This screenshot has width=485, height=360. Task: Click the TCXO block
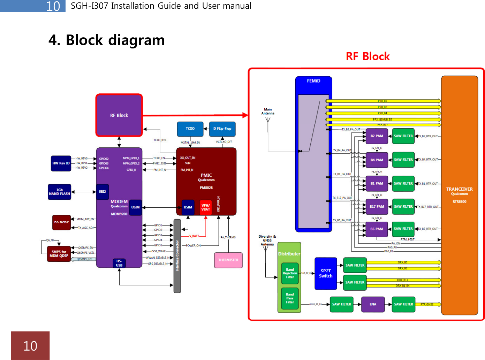coord(190,129)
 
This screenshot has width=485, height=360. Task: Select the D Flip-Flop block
coord(222,129)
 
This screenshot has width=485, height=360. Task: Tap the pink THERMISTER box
coord(228,260)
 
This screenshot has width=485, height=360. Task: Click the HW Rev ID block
coord(61,163)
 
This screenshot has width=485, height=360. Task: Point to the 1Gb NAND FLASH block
coord(60,192)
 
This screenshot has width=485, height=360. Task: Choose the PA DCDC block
coord(61,222)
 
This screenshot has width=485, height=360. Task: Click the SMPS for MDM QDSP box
coord(59,254)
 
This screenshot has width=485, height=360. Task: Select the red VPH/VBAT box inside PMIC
coord(206,208)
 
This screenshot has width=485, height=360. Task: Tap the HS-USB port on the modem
coord(119,263)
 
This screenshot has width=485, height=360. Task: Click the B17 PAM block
coord(377,207)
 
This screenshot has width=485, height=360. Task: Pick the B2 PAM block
coord(377,136)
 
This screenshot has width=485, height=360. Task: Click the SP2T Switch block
coord(326,274)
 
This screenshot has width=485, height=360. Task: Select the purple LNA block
coord(373,304)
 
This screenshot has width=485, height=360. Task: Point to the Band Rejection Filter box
coord(290,273)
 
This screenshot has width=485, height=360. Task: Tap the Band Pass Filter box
coord(290,298)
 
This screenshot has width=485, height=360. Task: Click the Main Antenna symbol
coord(268,120)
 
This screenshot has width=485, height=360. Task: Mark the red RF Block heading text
coord(367,56)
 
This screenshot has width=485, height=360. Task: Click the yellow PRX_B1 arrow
coord(382,101)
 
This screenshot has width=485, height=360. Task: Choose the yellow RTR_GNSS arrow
coord(427,304)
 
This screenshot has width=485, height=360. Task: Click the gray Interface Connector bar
coord(177,256)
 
